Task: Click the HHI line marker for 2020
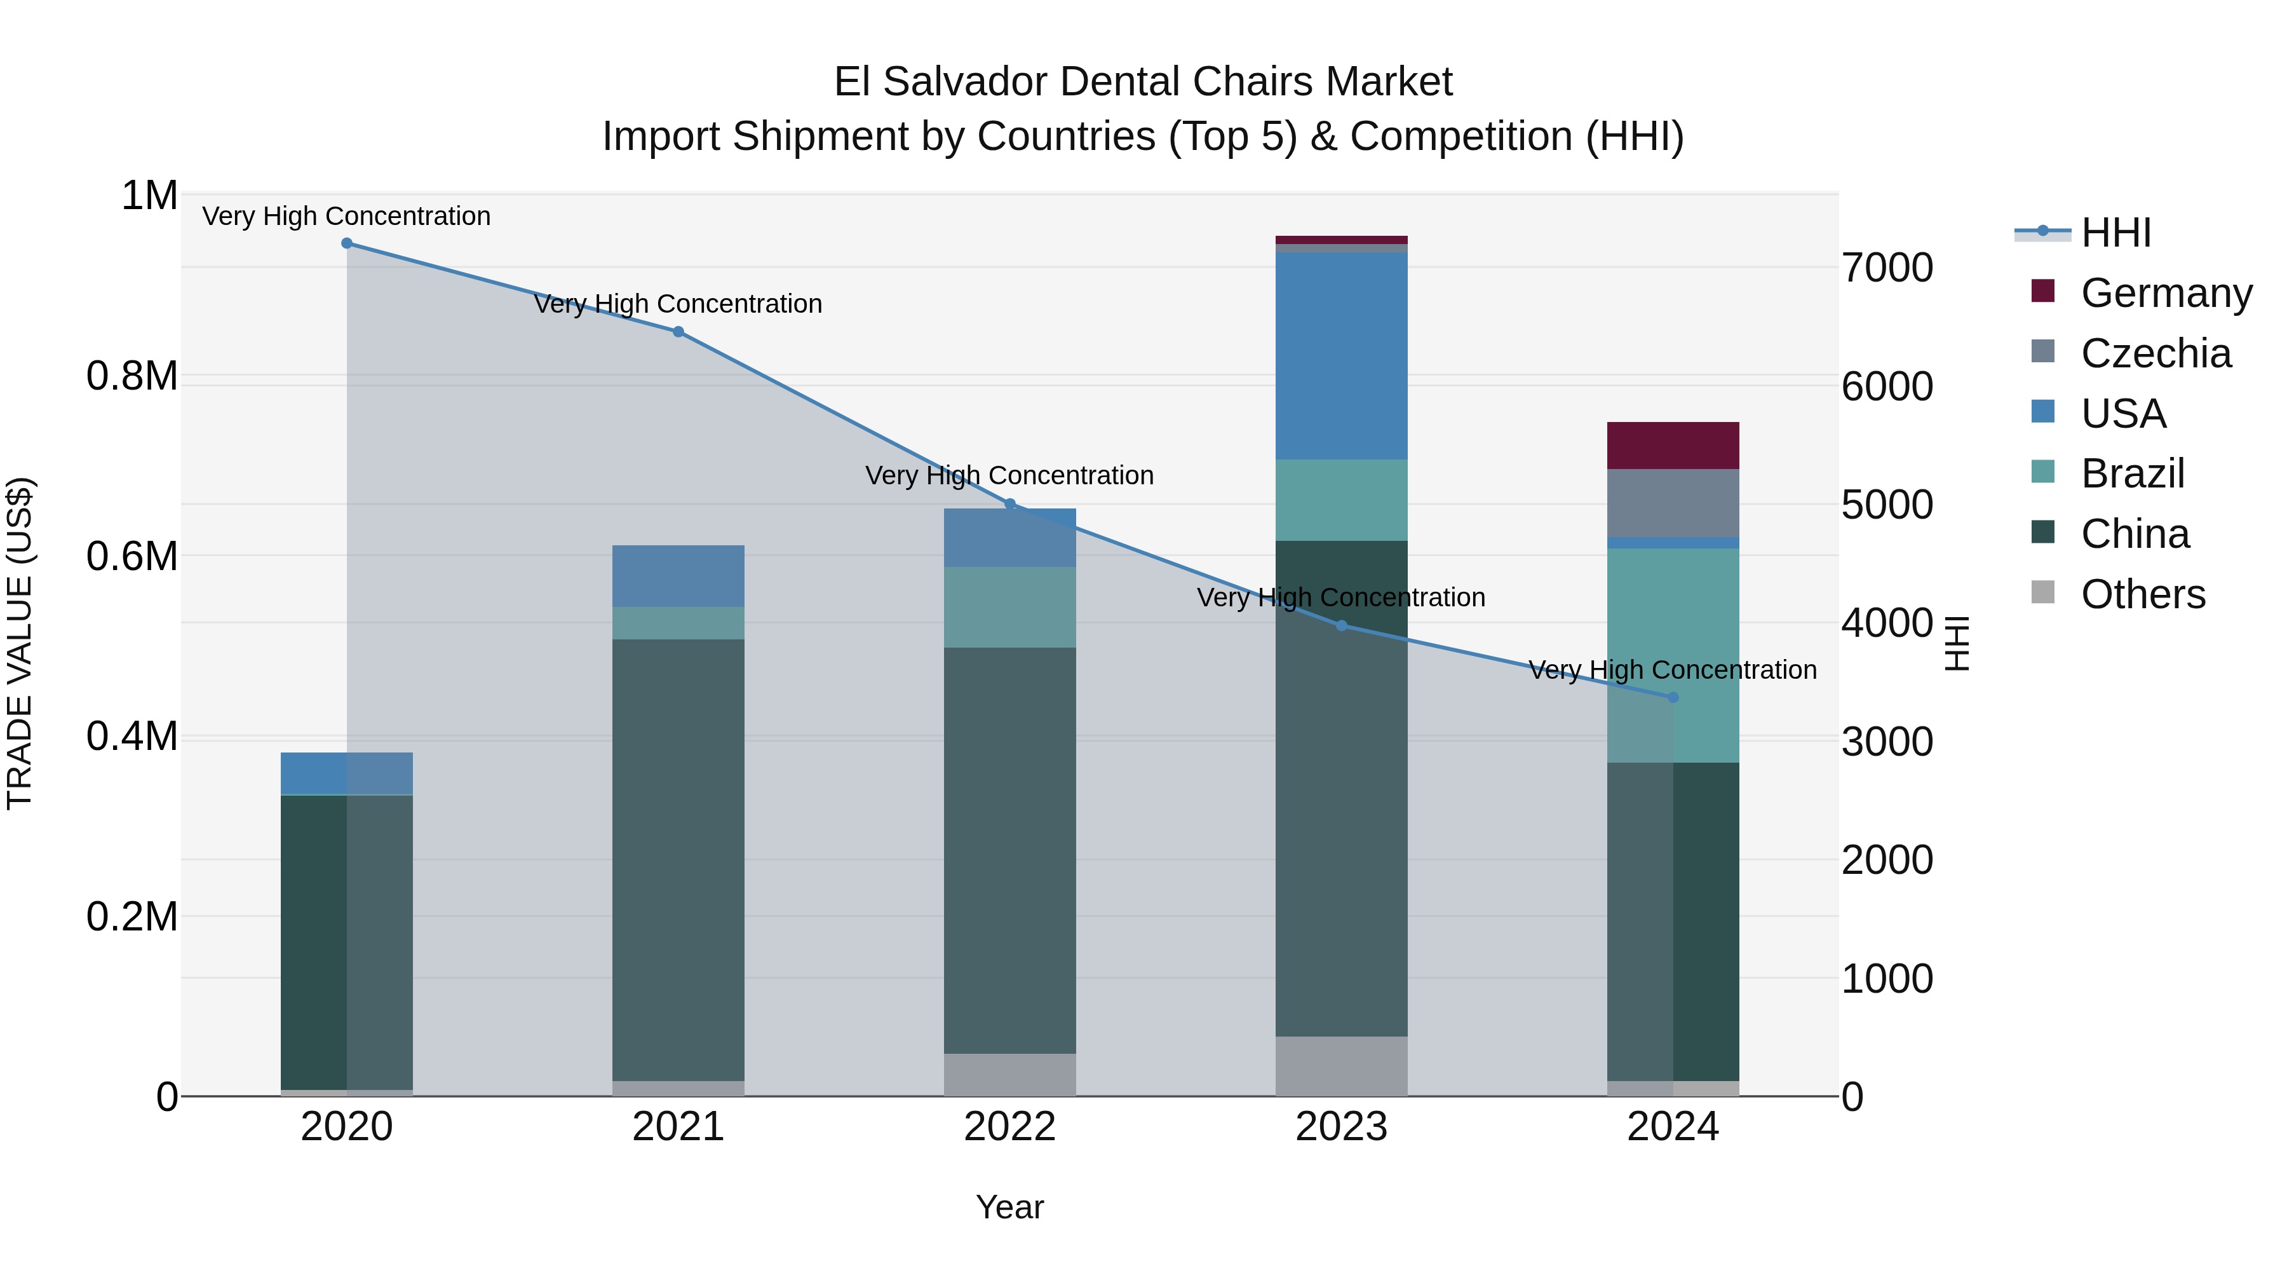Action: coord(346,243)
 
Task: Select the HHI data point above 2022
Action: coord(1009,503)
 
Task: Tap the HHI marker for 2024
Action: coord(1673,697)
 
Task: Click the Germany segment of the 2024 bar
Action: coord(1673,445)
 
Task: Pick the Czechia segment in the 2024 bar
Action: coord(1673,503)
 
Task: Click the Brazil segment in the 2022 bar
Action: coord(1009,607)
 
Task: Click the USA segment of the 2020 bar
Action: coord(346,773)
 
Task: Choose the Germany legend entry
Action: coord(2166,293)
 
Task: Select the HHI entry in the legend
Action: coord(2115,233)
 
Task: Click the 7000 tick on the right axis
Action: coord(1887,268)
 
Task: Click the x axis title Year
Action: coord(1009,1207)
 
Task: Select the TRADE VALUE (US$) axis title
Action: coord(20,643)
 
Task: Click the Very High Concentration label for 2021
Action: coord(678,304)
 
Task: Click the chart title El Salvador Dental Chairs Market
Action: coord(1143,82)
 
